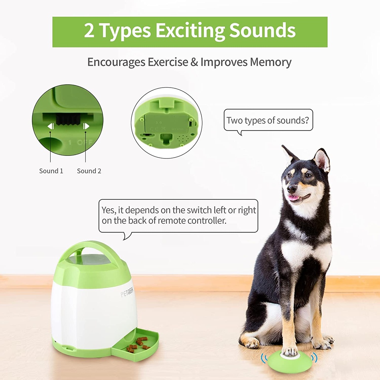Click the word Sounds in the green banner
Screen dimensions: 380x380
pyautogui.click(x=262, y=30)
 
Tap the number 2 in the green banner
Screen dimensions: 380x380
pyautogui.click(x=89, y=30)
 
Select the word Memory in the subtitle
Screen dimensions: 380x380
pyautogui.click(x=271, y=62)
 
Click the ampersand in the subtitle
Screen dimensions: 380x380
pyautogui.click(x=194, y=62)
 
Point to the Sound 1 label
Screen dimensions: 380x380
pyautogui.click(x=51, y=171)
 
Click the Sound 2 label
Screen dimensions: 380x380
pyautogui.click(x=89, y=171)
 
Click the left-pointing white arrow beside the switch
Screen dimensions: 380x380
pyautogui.click(x=50, y=126)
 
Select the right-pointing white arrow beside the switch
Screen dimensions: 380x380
pyautogui.click(x=86, y=126)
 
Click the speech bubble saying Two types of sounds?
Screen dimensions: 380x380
pyautogui.click(x=268, y=120)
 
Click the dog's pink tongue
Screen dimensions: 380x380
pyautogui.click(x=294, y=198)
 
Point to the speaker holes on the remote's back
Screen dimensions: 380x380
pyautogui.click(x=182, y=139)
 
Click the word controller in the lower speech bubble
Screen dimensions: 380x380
pyautogui.click(x=207, y=220)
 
